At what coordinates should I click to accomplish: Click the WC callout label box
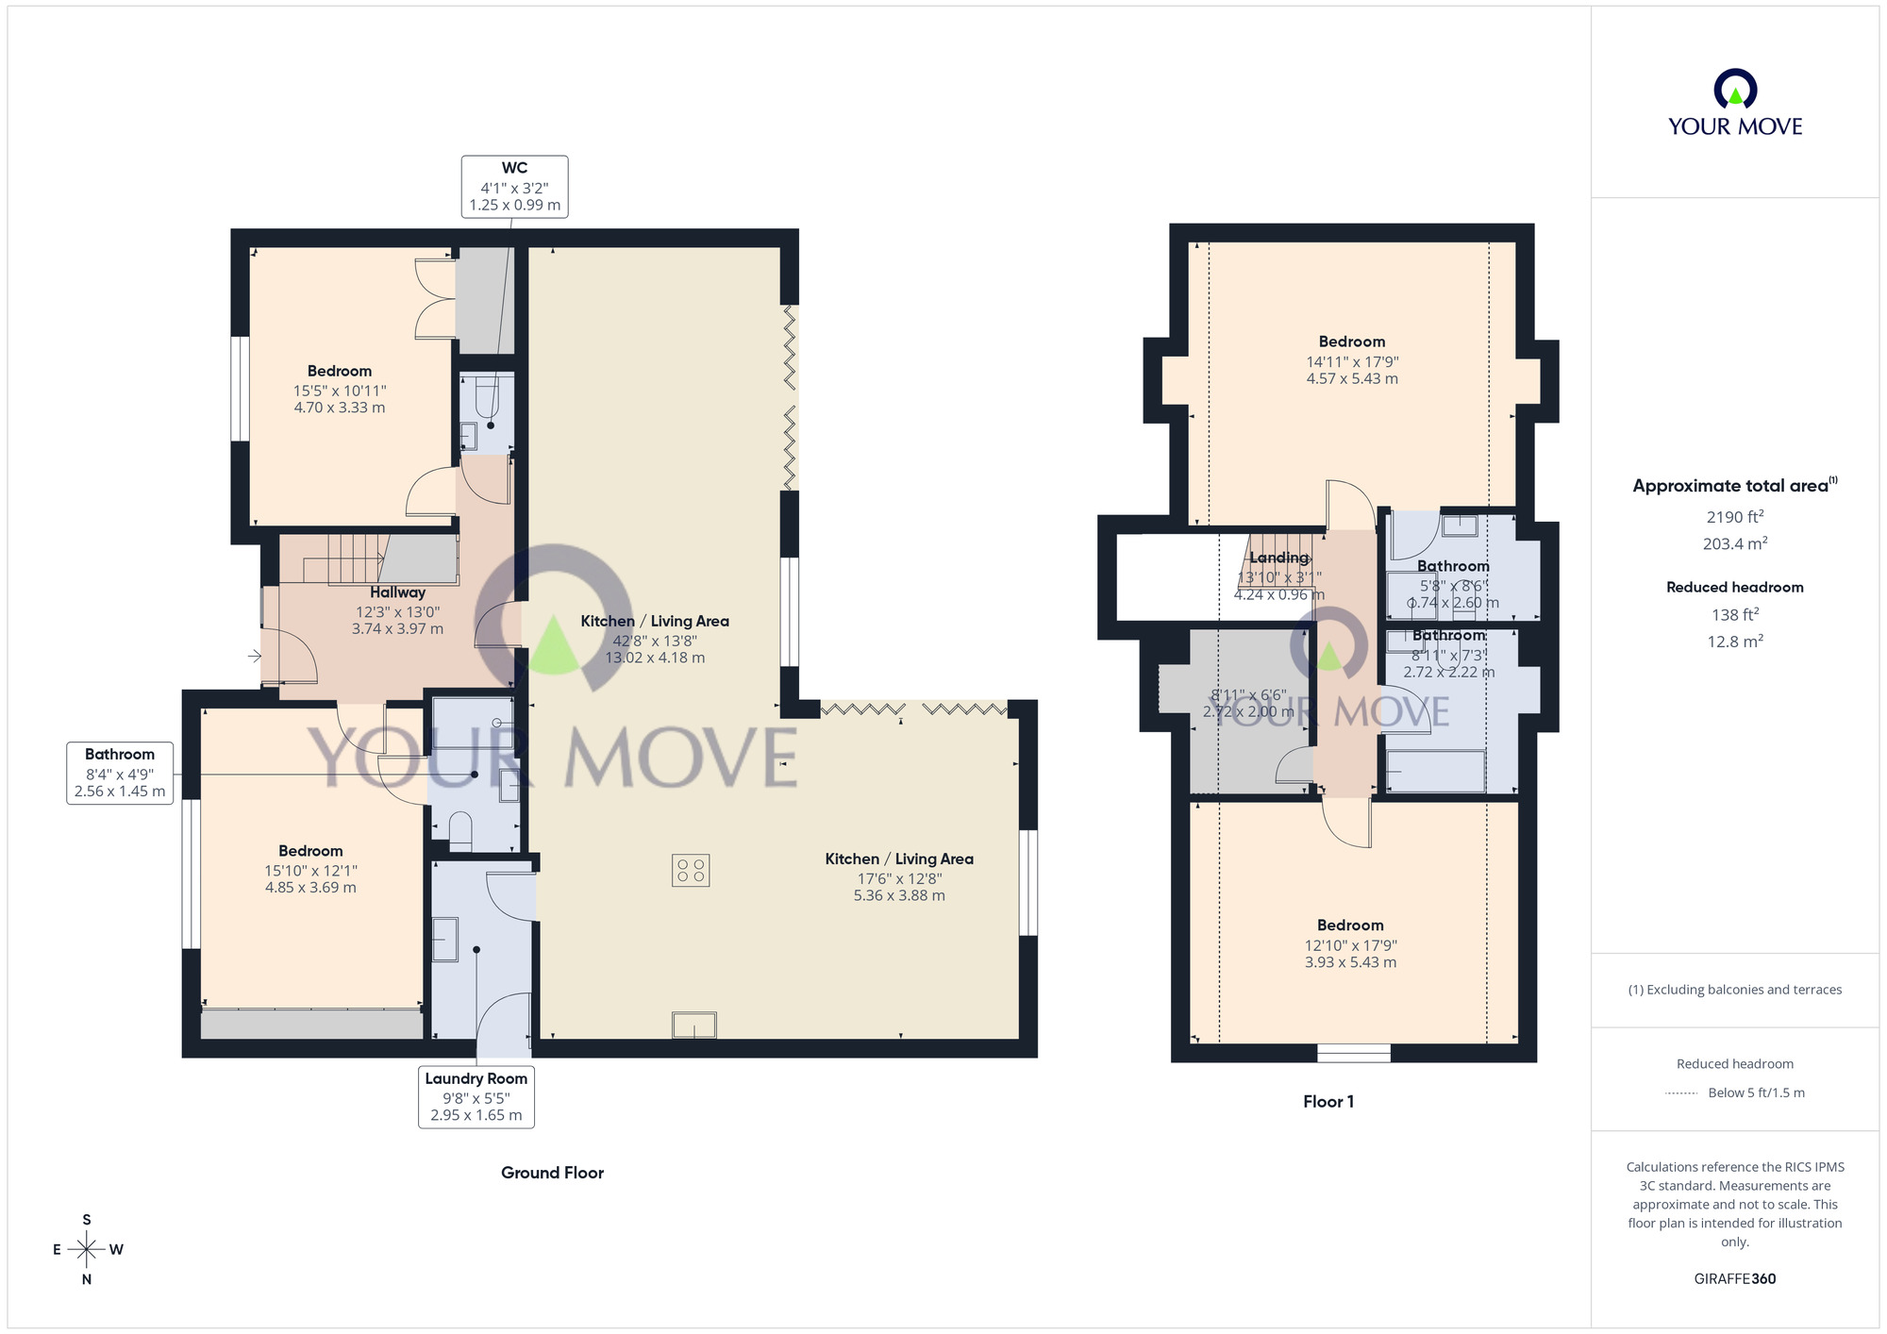(514, 187)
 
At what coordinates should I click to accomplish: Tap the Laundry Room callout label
(476, 1096)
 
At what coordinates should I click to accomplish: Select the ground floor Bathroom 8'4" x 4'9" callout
(120, 773)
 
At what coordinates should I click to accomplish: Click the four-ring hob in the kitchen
(691, 870)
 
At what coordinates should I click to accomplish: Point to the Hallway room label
(397, 592)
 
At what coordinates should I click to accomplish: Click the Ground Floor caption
(552, 1173)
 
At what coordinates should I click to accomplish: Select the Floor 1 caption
(1328, 1101)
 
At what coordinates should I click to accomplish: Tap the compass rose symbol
(87, 1250)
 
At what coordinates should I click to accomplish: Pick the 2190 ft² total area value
(1734, 517)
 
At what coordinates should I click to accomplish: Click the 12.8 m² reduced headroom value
(1734, 642)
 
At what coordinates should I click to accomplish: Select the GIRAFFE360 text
(1734, 1279)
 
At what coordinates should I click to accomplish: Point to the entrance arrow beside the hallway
(255, 656)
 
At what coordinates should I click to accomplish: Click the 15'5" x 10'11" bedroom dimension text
(340, 391)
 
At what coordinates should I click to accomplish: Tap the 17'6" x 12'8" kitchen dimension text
(898, 878)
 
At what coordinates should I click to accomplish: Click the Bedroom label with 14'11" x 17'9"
(1351, 342)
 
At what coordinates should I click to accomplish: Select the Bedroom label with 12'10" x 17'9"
(1350, 925)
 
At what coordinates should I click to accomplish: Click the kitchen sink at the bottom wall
(693, 1025)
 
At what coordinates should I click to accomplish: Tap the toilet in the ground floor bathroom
(460, 830)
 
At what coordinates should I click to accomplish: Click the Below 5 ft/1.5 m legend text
(1756, 1092)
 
